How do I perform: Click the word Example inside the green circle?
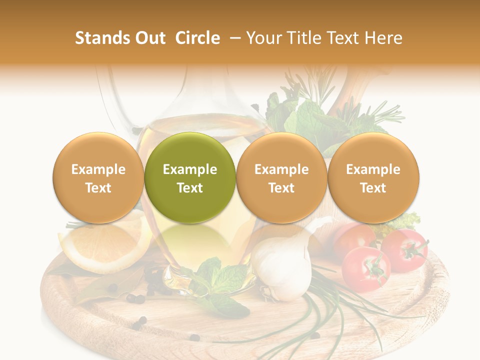click(190, 169)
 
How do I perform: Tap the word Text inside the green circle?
click(190, 188)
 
